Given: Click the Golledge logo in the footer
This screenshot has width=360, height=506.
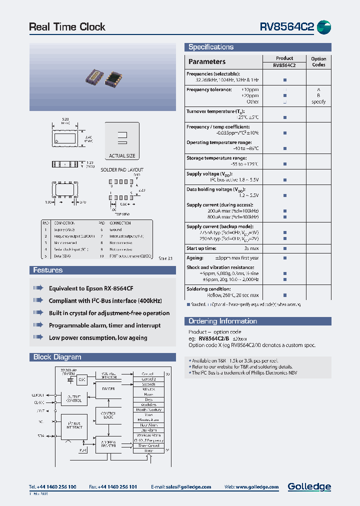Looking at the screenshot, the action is point(309,486).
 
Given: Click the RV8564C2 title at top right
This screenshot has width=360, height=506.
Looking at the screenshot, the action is point(286,27).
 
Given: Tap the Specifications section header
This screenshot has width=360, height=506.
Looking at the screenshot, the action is point(211,47).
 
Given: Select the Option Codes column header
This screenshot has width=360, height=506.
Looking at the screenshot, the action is point(318,61).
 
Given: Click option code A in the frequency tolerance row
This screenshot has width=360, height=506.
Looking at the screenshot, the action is point(318,89).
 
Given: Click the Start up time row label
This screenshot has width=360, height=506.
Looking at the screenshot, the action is point(201,248).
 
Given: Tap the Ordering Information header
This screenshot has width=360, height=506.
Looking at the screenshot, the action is point(222,321).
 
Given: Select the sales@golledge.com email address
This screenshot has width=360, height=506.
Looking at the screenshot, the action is point(190,487).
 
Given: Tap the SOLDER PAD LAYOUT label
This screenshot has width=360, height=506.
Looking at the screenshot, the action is point(122,170).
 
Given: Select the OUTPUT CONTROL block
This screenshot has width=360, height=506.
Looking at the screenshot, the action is point(74,398).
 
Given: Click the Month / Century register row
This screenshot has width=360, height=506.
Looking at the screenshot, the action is point(148,409).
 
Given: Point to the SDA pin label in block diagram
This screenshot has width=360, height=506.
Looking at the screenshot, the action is point(40,435).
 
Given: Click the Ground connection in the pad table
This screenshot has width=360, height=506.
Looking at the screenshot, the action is point(116,230).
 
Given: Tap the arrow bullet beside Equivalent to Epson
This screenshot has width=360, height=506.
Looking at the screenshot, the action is point(38,288).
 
